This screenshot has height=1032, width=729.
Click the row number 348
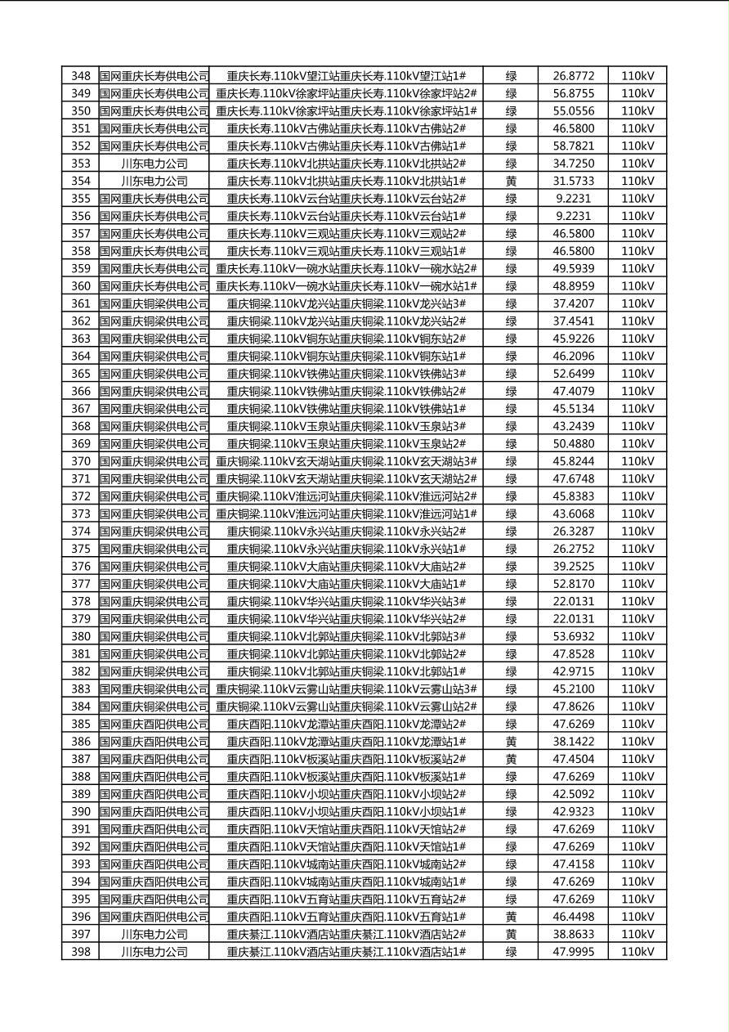(80, 76)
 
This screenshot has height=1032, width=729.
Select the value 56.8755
(573, 93)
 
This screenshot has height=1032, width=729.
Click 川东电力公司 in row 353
(154, 164)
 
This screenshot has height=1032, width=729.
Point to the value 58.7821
(573, 146)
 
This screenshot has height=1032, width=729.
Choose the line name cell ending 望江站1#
(346, 76)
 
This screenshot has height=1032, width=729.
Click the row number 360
(80, 286)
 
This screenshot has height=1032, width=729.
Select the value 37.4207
(573, 303)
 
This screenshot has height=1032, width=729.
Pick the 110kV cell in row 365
(637, 374)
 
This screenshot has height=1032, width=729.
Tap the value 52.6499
(573, 374)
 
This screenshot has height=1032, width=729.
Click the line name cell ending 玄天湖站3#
(346, 461)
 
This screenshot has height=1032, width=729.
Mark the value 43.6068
(573, 514)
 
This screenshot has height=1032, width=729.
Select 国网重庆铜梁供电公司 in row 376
(154, 566)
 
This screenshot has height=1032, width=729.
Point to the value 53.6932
(573, 636)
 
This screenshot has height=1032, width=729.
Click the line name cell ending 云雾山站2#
(346, 707)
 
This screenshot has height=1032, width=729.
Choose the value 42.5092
(573, 794)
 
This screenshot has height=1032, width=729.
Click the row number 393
(80, 864)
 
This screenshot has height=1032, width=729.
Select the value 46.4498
(573, 917)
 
